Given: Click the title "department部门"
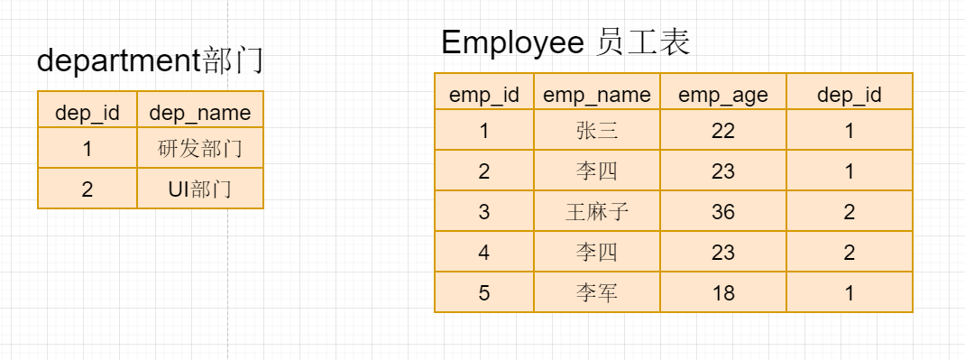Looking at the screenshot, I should point(150,61).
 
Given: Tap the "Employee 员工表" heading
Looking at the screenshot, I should point(565,42).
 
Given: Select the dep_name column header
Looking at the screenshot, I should point(199,114).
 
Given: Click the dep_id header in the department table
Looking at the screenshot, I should point(87,114).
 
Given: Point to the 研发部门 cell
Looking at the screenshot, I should point(199,148).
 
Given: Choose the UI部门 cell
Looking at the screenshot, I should point(199,189).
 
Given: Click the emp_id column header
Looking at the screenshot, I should point(483,95).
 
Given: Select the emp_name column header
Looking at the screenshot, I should point(596,95).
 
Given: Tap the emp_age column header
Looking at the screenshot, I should point(722,95).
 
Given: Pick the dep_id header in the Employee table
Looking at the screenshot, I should point(849,95).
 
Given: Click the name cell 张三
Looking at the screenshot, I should point(596,131).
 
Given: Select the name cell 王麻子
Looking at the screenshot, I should point(596,212).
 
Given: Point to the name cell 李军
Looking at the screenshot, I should point(596,293).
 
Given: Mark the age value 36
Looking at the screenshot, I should point(722,212).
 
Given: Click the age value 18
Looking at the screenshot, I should point(722,293).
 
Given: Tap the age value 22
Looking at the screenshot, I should point(722,131).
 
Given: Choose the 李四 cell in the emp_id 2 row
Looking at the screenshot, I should point(596,171).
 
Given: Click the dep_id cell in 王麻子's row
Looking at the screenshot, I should point(849,212).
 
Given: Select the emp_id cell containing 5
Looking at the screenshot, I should point(483,293).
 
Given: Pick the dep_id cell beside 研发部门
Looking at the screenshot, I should point(87,148).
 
